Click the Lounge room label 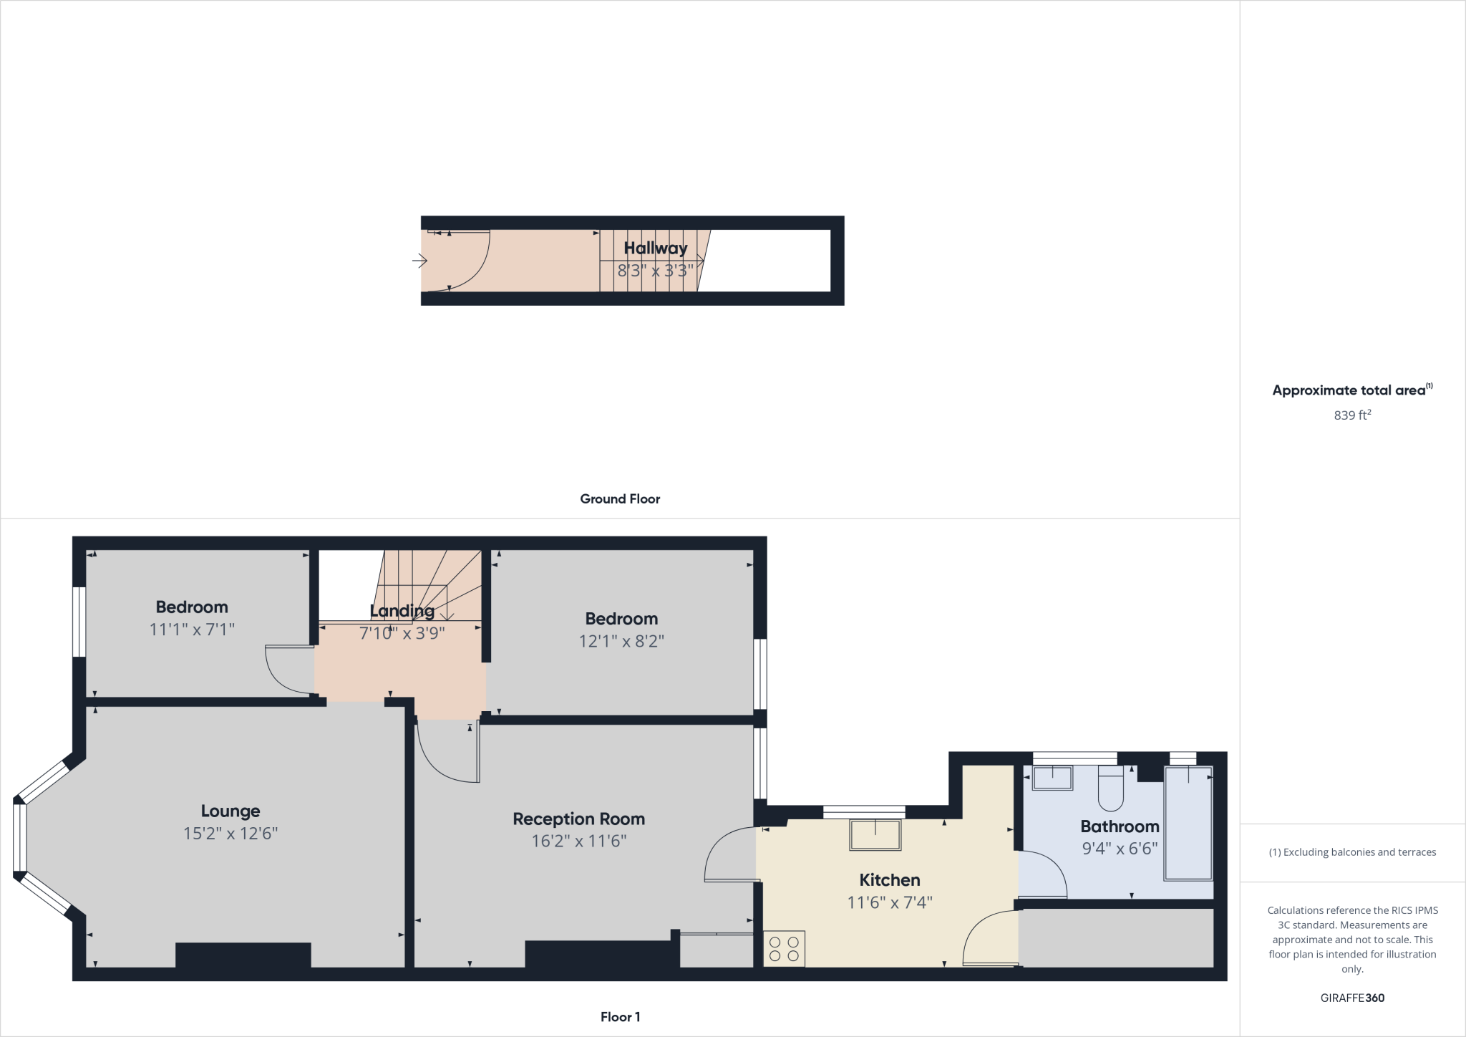coord(230,811)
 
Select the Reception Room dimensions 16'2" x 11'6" coord(578,841)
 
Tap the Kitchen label coord(889,879)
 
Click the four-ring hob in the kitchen coord(784,949)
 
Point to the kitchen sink coord(875,835)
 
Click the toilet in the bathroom coord(1111,788)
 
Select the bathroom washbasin coord(1052,778)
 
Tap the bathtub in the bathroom coord(1188,824)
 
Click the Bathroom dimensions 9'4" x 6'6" coord(1120,849)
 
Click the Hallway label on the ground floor coord(655,248)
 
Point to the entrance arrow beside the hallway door coord(419,261)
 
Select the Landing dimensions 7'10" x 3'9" coord(402,633)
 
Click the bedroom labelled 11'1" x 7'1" coord(192,607)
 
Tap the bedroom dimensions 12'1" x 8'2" coord(621,641)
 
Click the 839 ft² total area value coord(1351,415)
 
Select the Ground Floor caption coord(620,499)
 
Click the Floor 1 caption coord(620,1017)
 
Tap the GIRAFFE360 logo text coord(1351,998)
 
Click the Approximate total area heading coord(1349,390)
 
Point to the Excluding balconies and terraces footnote coord(1352,852)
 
